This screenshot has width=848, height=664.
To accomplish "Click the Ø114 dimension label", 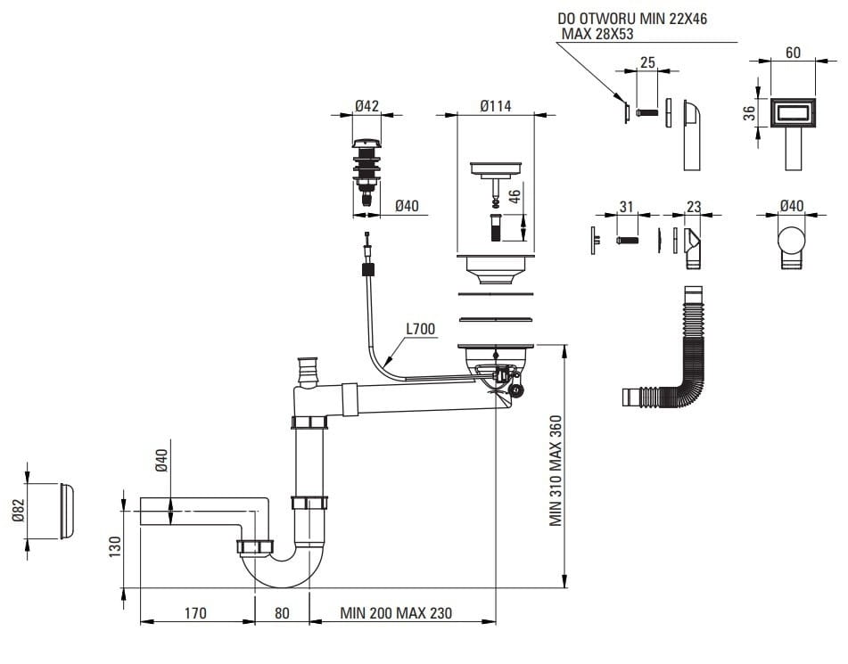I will [x=495, y=105].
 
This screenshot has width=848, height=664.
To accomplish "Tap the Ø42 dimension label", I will [x=366, y=105].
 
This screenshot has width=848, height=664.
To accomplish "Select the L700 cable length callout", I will [x=420, y=329].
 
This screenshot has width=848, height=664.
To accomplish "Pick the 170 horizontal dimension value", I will [x=195, y=613].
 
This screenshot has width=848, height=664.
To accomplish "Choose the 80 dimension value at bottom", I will [x=282, y=613].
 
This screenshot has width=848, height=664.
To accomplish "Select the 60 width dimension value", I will [x=792, y=52].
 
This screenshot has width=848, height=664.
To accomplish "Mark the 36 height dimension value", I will [x=750, y=112].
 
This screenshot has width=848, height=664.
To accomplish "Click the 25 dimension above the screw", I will [x=648, y=62].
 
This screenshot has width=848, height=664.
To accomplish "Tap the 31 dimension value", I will [x=627, y=208].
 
